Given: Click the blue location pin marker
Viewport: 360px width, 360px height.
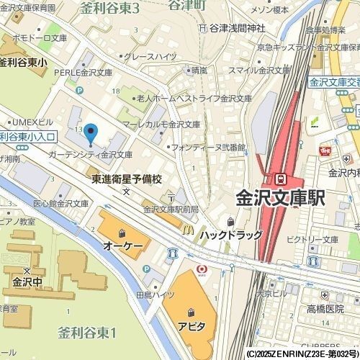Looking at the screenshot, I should coord(90,132).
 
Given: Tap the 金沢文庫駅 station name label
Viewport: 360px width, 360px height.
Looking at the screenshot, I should coord(282,198).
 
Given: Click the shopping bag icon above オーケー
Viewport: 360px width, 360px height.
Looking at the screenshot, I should coord(122,233).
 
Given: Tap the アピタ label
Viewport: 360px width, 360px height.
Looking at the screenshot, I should coord(192,326).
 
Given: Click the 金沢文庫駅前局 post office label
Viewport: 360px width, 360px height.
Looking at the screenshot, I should coord(171,210).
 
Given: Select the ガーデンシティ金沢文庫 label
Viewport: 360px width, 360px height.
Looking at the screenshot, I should coord(90,154).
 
